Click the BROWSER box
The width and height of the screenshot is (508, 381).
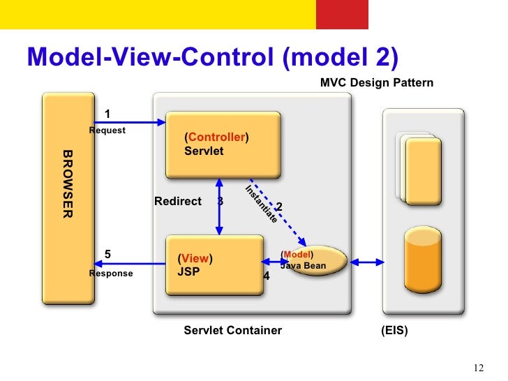(x=68, y=198)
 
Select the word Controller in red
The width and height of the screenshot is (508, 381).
(x=217, y=137)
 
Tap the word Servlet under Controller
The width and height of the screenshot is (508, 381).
(x=204, y=151)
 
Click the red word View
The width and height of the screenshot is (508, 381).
(x=195, y=258)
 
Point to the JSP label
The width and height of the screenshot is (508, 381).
(x=188, y=271)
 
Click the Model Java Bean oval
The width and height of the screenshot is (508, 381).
(x=317, y=260)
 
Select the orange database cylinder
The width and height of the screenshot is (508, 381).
(x=423, y=260)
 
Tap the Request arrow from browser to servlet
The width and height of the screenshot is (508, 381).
(x=130, y=122)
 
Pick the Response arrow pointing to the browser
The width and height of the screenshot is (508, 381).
(x=130, y=263)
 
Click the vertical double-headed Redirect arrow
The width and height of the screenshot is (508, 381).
(x=219, y=207)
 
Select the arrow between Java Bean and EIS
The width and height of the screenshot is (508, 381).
(x=367, y=262)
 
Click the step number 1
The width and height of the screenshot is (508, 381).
(x=107, y=114)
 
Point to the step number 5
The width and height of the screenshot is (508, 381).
(x=107, y=254)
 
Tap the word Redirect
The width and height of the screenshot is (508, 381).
(x=178, y=201)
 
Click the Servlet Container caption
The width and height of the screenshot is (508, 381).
(x=232, y=330)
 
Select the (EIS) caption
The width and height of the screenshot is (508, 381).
(x=394, y=331)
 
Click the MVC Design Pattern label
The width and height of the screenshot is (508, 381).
(x=377, y=82)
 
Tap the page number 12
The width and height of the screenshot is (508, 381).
(x=479, y=368)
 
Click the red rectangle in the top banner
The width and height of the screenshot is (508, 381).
(x=342, y=15)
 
